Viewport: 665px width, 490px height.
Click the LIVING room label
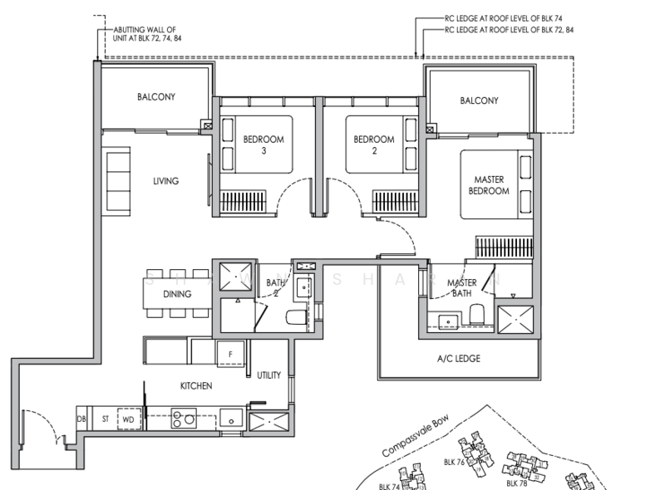pyautogui.click(x=165, y=181)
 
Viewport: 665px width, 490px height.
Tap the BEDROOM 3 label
pyautogui.click(x=264, y=145)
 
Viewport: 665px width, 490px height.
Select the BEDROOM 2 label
pyautogui.click(x=373, y=145)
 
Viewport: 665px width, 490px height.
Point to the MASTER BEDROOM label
pyautogui.click(x=490, y=185)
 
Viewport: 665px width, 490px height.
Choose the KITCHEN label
pyautogui.click(x=196, y=386)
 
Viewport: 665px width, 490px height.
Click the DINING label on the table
pyautogui.click(x=177, y=294)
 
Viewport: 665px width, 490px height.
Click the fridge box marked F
pyautogui.click(x=230, y=352)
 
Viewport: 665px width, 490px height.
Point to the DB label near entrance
pyautogui.click(x=81, y=420)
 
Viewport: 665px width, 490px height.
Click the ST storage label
pyautogui.click(x=106, y=420)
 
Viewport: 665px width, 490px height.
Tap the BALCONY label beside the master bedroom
pyautogui.click(x=479, y=100)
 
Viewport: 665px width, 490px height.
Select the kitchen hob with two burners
pyautogui.click(x=184, y=420)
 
